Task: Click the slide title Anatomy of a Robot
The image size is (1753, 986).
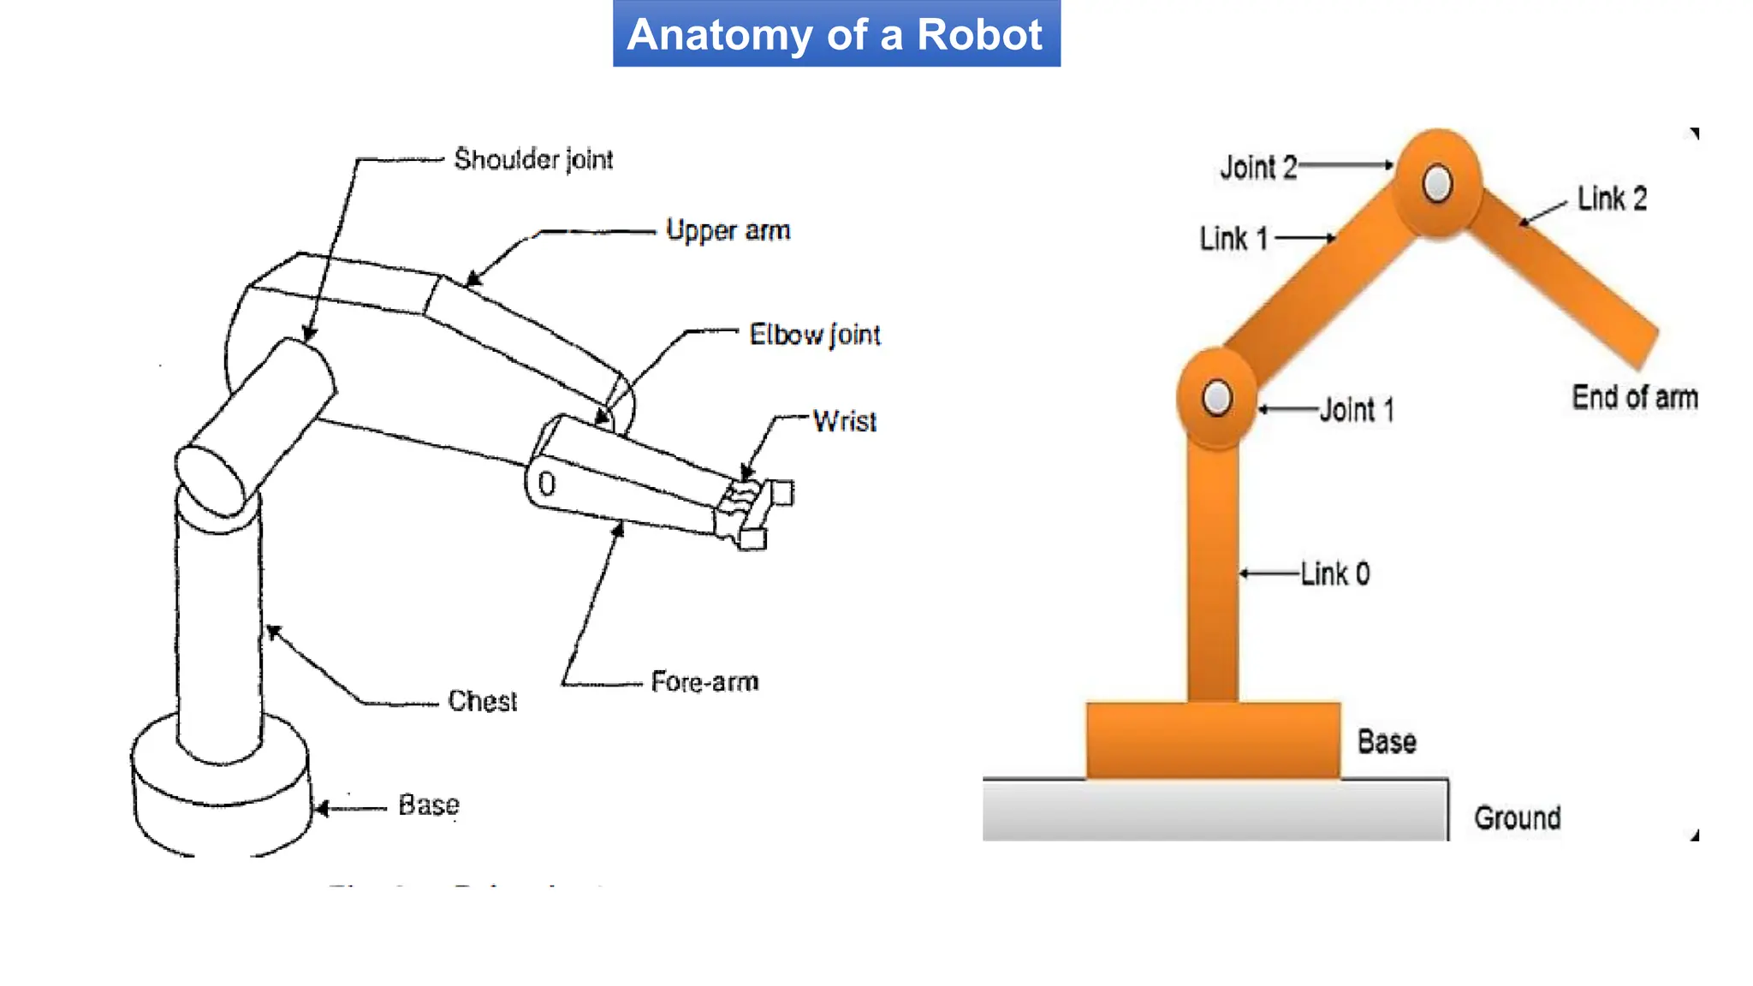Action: tap(835, 35)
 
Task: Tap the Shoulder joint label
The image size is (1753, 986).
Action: tap(533, 159)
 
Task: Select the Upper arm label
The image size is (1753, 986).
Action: tap(728, 230)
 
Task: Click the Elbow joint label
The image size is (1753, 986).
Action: tap(814, 335)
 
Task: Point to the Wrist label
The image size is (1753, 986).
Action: tap(844, 421)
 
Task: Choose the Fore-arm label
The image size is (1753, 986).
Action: tap(704, 682)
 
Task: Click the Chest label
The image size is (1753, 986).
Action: tap(482, 701)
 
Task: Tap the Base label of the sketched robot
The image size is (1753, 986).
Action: tap(429, 805)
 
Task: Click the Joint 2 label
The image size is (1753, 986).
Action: tap(1257, 168)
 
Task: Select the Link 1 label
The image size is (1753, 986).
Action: tap(1233, 239)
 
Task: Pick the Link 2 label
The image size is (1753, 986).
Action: tap(1612, 199)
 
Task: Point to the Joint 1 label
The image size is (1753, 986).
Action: tap(1357, 410)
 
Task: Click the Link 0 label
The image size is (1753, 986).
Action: tap(1335, 573)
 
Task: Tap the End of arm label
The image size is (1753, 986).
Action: tap(1634, 398)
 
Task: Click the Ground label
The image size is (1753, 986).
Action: tap(1517, 818)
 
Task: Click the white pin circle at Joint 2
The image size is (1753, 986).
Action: tap(1437, 183)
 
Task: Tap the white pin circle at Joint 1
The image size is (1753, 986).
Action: tap(1216, 398)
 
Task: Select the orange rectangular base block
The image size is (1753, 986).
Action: tap(1213, 740)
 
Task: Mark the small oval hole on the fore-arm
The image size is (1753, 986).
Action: tap(546, 484)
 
